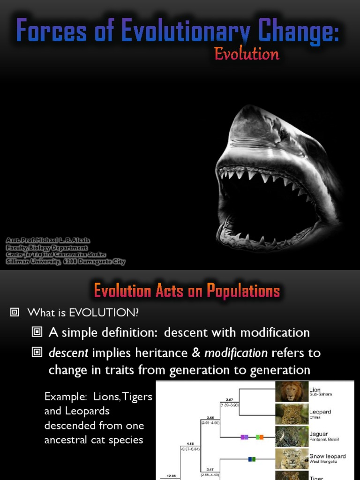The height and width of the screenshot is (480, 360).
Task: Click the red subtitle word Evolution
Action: pyautogui.click(x=247, y=54)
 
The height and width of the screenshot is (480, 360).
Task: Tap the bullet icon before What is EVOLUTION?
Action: pyautogui.click(x=15, y=312)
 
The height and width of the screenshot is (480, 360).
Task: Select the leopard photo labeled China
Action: pyautogui.click(x=292, y=414)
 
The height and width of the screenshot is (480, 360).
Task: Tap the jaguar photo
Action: pyautogui.click(x=292, y=436)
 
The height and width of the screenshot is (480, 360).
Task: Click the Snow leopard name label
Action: pyautogui.click(x=328, y=456)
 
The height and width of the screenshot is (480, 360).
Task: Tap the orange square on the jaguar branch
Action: pyautogui.click(x=261, y=437)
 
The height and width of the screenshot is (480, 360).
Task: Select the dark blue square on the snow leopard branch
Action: pyautogui.click(x=250, y=459)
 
